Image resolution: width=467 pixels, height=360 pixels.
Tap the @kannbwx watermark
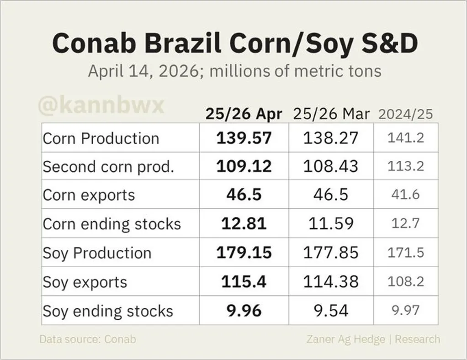(x=101, y=106)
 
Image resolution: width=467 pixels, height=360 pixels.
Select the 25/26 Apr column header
(x=244, y=114)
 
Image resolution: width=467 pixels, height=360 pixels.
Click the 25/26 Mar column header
(x=331, y=114)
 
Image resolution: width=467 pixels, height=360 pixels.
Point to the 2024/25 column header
(x=405, y=114)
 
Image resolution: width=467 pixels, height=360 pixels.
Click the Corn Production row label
(x=101, y=138)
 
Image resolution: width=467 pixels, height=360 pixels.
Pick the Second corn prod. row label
(x=109, y=167)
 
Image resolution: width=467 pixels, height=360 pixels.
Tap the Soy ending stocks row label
(x=108, y=311)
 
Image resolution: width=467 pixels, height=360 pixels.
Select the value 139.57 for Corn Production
(x=244, y=138)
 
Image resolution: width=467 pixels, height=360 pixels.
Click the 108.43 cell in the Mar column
(x=331, y=166)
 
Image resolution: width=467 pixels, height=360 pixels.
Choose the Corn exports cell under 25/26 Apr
(x=244, y=195)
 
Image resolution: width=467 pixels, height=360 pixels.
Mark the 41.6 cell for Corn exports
(x=405, y=195)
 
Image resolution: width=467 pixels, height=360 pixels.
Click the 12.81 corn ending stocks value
(x=244, y=224)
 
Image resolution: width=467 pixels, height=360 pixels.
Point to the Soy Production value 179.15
(x=244, y=253)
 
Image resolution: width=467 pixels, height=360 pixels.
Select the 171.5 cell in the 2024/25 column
(x=405, y=253)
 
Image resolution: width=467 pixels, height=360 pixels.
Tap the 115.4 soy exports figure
(x=244, y=282)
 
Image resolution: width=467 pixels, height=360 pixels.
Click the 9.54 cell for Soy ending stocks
(x=331, y=311)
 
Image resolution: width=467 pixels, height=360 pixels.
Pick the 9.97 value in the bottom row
(x=405, y=311)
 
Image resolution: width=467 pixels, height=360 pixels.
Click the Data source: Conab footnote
(x=88, y=339)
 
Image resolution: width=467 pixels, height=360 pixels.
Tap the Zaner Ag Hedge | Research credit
(x=373, y=339)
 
